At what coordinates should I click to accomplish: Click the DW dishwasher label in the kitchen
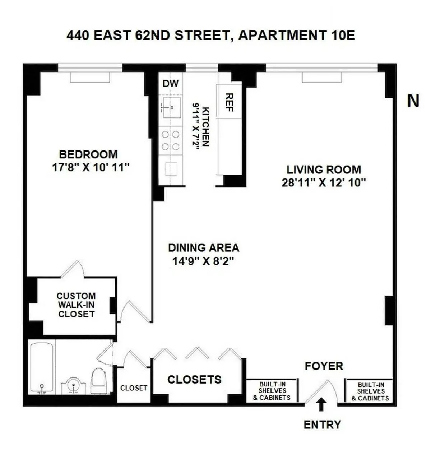(x=170, y=84)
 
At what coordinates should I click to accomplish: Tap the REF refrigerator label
(x=229, y=103)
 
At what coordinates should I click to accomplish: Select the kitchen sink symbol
(x=171, y=107)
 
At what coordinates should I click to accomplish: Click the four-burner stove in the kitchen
(x=171, y=140)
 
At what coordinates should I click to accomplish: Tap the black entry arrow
(x=321, y=404)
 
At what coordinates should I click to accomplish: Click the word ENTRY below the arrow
(x=322, y=425)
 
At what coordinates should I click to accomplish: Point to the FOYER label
(x=324, y=366)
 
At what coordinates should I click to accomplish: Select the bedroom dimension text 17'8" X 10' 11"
(x=91, y=167)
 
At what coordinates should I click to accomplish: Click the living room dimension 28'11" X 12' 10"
(x=323, y=182)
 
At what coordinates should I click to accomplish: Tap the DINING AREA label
(x=203, y=247)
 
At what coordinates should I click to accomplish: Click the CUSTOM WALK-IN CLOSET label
(x=76, y=305)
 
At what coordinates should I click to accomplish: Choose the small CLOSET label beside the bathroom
(x=134, y=388)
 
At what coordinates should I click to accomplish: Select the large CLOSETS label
(x=194, y=380)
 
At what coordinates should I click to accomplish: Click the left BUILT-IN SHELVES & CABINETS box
(x=272, y=391)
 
